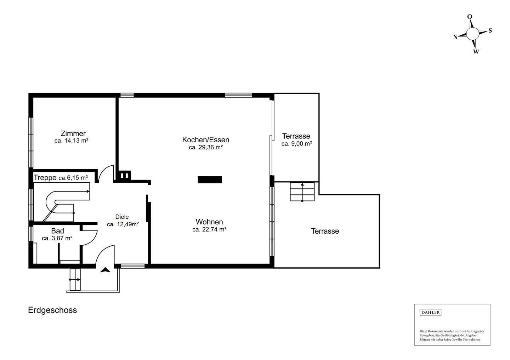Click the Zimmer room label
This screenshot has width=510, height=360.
[73, 133]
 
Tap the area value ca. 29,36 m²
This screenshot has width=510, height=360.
[205, 147]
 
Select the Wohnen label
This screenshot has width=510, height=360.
[209, 222]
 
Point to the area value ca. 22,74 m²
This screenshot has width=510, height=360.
[209, 229]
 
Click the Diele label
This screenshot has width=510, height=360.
[122, 217]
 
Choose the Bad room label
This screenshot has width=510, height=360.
[57, 231]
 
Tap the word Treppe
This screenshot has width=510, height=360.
[45, 178]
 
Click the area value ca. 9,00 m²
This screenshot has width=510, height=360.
[296, 144]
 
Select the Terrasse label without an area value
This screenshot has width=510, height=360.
[325, 231]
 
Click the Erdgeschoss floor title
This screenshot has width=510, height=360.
[52, 310]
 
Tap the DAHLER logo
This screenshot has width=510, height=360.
[430, 312]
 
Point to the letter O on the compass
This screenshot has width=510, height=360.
[470, 17]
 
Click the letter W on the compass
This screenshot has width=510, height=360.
[476, 52]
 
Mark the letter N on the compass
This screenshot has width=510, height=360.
[455, 37]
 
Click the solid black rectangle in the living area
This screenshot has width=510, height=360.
[210, 180]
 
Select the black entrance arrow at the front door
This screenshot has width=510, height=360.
[105, 270]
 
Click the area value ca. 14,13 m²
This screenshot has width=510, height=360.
[71, 141]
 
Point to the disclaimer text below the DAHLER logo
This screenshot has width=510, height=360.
[452, 335]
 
